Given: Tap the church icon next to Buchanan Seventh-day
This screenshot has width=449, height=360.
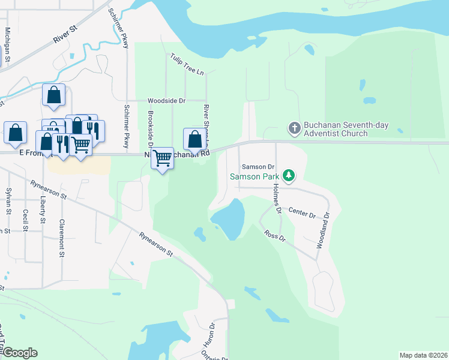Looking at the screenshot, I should tap(294, 128).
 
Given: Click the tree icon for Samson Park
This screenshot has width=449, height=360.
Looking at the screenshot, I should tap(290, 176).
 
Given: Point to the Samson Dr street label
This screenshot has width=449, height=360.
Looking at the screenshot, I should tap(258, 166).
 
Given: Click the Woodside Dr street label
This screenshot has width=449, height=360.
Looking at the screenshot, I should tap(167, 100).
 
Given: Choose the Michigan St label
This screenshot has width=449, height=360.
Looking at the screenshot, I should tap(7, 44).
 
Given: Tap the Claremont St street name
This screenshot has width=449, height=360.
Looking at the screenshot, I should tap(62, 238).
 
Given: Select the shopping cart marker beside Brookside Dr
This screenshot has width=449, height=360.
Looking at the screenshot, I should tap(162, 158).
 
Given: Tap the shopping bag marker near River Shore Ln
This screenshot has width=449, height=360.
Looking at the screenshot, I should tap(194, 139).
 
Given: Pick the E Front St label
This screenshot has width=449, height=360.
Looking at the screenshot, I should tap(32, 153).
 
